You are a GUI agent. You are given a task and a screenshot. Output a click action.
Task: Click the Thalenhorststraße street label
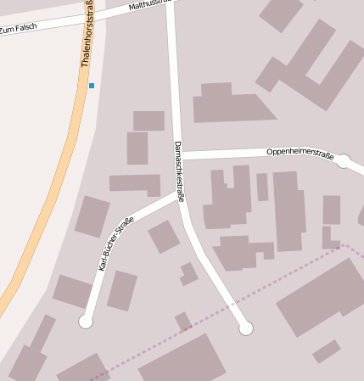coord(88,34)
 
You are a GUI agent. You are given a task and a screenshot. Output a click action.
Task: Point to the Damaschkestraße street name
coord(179,170)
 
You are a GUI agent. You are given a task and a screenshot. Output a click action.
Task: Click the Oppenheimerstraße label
coord(299,153)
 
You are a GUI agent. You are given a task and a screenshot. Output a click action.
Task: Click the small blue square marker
coord(92,86)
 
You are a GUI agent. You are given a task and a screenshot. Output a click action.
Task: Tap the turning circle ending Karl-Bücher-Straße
coord(85,321)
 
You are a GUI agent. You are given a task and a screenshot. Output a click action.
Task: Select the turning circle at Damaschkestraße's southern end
coord(246,328)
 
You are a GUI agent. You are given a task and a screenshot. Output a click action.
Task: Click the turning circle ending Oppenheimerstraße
coord(344,160)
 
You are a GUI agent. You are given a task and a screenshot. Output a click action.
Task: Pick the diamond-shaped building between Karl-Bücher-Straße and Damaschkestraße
coord(164,237)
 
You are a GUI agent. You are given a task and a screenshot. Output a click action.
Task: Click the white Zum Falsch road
coord(51,24)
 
